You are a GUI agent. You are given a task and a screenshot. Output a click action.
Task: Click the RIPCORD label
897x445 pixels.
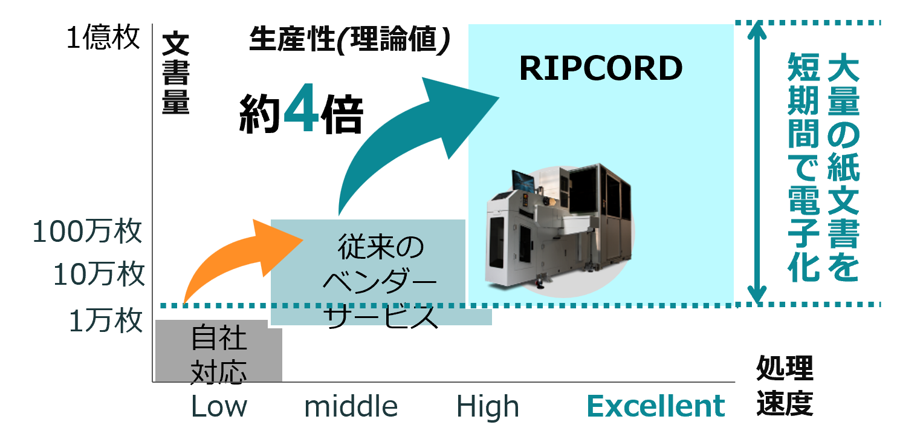601,68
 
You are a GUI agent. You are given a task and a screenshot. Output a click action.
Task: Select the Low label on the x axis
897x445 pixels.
219,407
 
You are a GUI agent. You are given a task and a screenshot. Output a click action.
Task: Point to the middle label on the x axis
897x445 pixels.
351,407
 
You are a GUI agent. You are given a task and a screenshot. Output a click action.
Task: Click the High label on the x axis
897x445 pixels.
487,407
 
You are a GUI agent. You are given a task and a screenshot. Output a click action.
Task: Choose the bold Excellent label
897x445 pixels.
656,406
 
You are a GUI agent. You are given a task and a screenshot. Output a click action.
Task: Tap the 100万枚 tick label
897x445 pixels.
87,232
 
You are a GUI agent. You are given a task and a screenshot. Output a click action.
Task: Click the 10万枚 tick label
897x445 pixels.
99,275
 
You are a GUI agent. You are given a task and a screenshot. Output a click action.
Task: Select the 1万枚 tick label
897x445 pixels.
106,321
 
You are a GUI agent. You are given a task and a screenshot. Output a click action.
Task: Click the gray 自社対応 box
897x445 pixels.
219,351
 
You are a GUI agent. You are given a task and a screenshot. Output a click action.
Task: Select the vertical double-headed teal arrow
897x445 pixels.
756,163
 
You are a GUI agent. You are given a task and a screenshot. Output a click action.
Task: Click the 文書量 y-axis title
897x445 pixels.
176,74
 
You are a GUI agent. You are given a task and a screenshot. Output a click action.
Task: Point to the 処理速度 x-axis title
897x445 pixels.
785,387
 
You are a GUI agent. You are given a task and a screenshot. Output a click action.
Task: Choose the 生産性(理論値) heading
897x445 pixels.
349,41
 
